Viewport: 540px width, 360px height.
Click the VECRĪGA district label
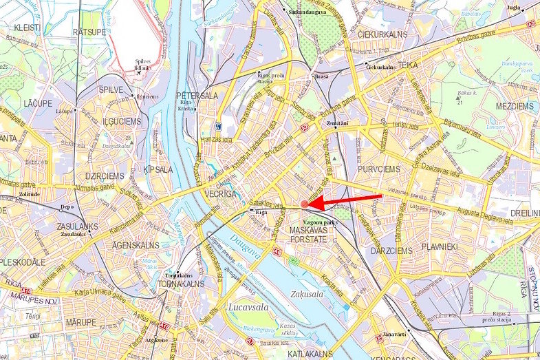[221, 195]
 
